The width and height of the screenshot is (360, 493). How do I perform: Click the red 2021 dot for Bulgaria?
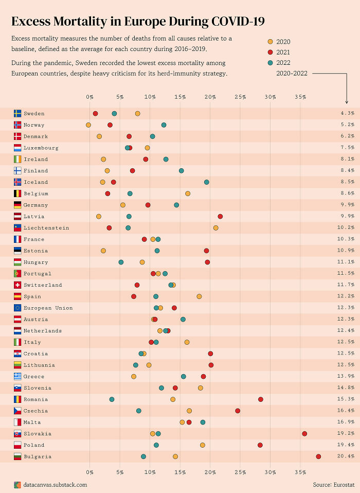click(x=318, y=456)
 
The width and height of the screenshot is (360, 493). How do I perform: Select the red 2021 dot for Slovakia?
click(x=304, y=434)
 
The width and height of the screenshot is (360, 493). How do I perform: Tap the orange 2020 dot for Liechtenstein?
click(x=215, y=227)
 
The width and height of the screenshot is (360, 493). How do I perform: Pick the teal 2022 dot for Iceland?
click(x=206, y=182)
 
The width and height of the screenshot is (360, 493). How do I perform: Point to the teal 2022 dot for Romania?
click(x=112, y=399)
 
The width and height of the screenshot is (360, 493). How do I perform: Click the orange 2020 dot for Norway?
click(x=88, y=125)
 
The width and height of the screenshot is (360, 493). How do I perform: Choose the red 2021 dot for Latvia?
click(x=220, y=216)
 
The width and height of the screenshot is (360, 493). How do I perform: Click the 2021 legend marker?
click(x=270, y=52)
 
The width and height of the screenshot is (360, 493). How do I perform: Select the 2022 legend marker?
click(x=270, y=63)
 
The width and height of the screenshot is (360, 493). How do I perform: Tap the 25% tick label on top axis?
click(x=240, y=97)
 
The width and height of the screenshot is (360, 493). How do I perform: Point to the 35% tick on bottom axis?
click(x=300, y=472)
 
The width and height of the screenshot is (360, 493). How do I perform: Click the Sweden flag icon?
click(x=17, y=113)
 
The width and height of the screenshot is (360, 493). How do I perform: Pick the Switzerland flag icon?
click(x=17, y=285)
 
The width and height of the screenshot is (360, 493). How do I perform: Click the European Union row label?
click(x=48, y=308)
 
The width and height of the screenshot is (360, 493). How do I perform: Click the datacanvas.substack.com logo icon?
click(x=17, y=484)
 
